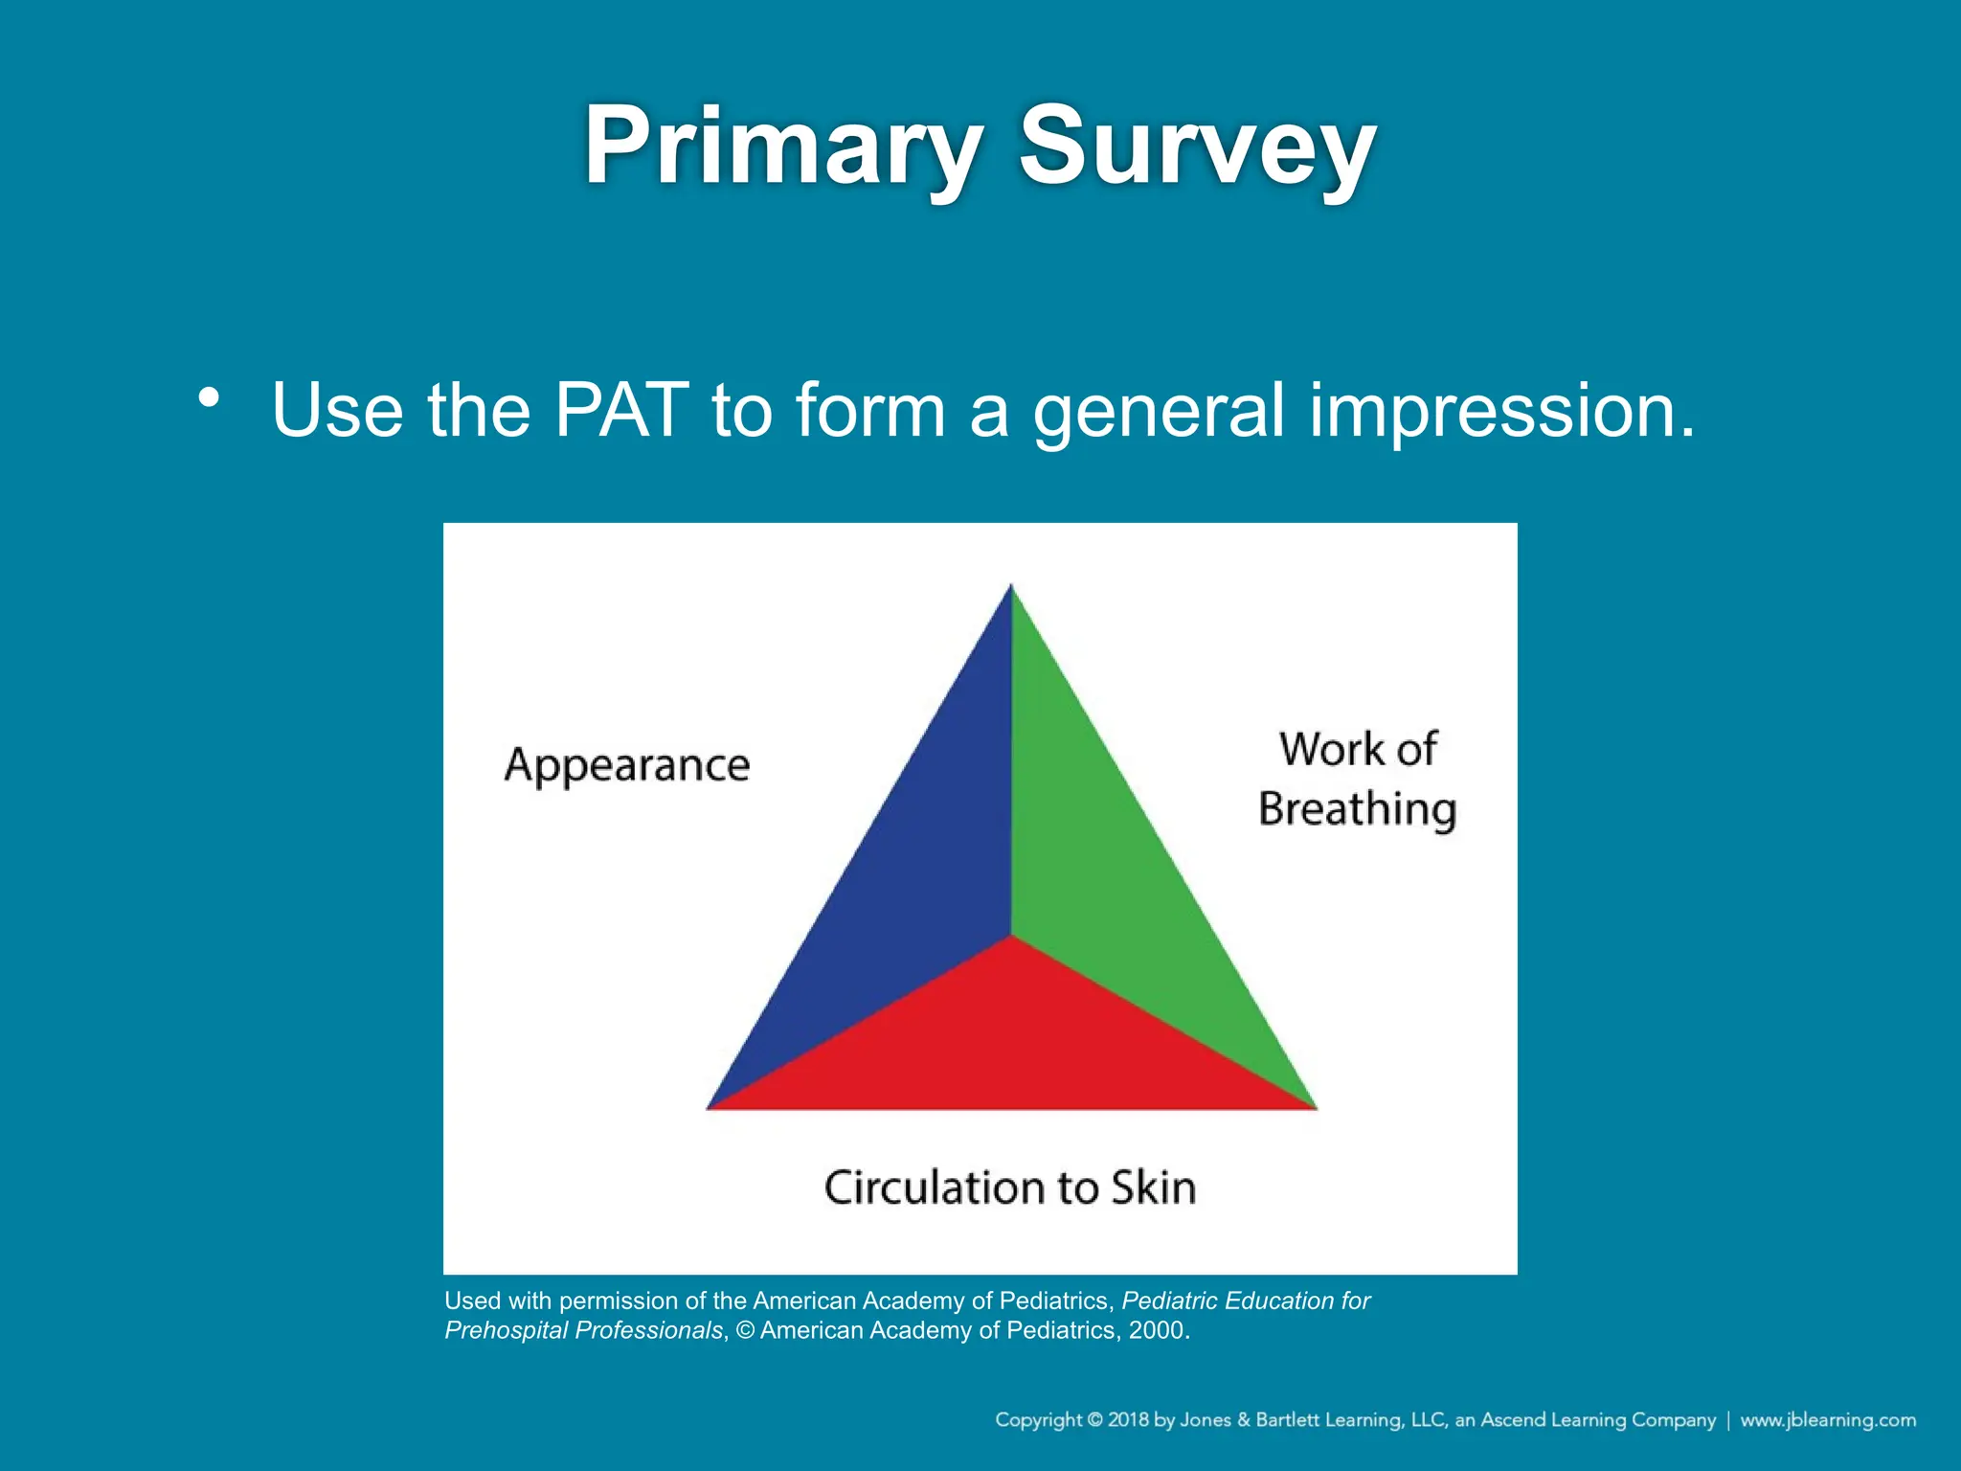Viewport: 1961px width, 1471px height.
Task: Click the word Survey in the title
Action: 1197,146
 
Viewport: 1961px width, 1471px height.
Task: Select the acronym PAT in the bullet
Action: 621,410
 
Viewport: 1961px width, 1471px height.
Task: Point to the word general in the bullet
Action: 1158,410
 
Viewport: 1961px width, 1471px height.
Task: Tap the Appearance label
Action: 627,765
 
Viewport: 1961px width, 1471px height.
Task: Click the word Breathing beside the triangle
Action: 1357,809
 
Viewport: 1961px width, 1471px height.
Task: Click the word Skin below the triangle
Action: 1154,1188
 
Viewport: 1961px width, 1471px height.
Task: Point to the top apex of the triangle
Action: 1011,586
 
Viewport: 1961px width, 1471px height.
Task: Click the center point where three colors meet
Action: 1011,935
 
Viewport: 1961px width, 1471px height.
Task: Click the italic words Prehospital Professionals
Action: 583,1330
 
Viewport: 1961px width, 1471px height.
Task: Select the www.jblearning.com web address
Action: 1827,1419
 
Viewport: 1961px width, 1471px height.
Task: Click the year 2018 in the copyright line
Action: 1128,1419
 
